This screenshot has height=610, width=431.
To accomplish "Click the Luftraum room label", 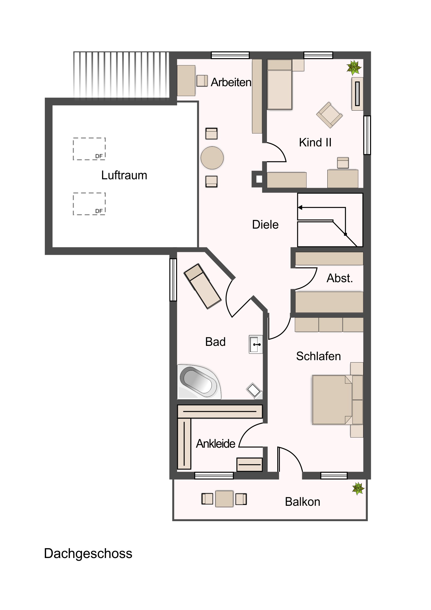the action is [124, 175].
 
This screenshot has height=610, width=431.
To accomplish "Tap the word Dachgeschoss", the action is [88, 554].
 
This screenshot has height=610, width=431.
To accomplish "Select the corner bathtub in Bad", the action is [199, 382].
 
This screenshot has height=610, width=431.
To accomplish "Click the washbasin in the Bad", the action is [256, 344].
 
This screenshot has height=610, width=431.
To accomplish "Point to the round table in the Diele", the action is [212, 158].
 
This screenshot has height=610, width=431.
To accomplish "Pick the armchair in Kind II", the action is [329, 115].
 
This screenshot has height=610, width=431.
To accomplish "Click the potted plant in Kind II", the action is [354, 67].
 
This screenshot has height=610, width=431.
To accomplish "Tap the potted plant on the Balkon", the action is [358, 488].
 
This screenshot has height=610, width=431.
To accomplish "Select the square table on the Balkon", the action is [225, 499].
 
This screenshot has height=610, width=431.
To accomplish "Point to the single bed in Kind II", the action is [280, 85].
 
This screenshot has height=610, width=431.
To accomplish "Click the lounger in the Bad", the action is [202, 286].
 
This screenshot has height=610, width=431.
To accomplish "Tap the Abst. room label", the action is [340, 278].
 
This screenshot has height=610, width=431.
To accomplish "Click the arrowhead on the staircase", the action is [300, 207].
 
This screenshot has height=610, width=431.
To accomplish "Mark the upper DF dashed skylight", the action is [89, 149].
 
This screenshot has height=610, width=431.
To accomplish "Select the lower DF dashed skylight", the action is [89, 204].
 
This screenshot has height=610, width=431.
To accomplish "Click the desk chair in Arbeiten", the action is [202, 81].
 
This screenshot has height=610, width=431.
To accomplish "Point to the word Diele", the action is [265, 225].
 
